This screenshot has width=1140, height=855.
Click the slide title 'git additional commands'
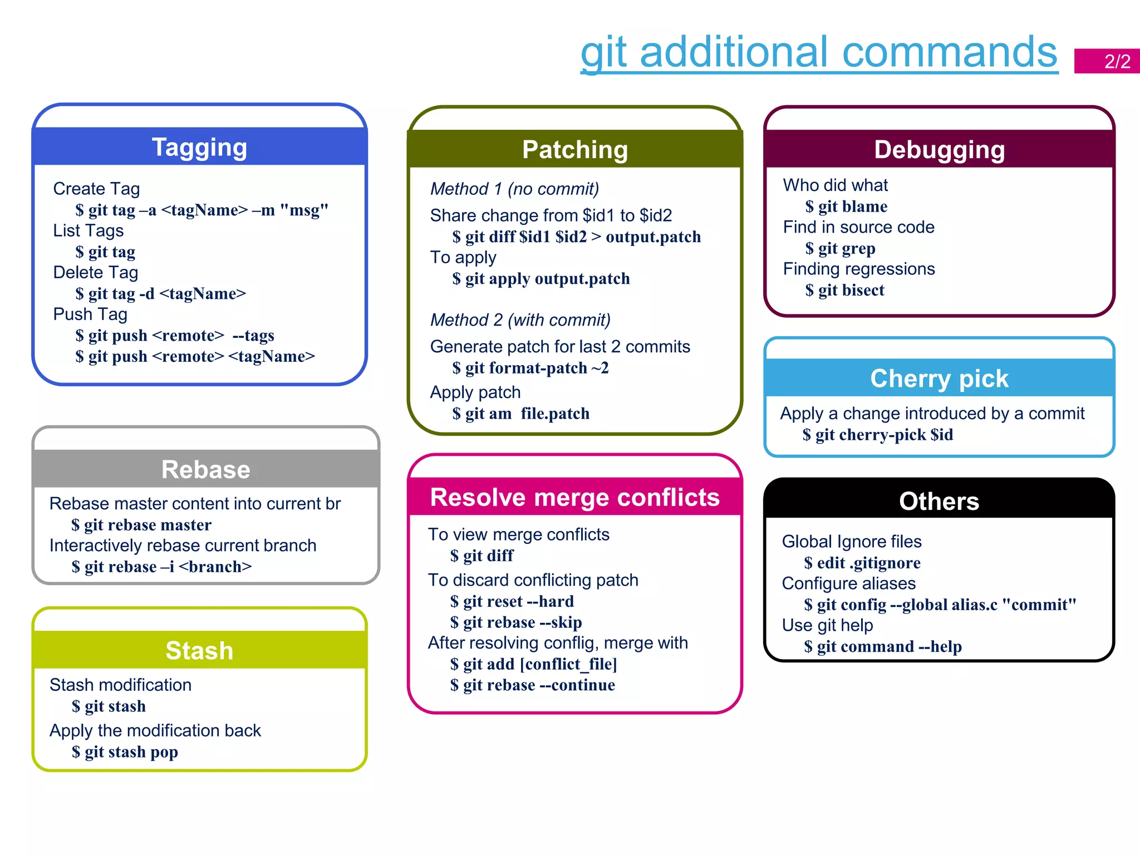point(818,52)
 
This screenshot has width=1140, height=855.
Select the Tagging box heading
point(199,148)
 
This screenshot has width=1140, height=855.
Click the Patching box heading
point(575,150)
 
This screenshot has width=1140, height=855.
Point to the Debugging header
point(939,150)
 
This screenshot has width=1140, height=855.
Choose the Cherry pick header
point(939,379)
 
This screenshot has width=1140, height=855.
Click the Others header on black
point(939,501)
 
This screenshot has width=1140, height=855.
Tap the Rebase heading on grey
point(205,469)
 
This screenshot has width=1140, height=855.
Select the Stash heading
point(199,650)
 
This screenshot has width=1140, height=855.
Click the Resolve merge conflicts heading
point(575,497)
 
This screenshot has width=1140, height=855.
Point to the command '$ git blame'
point(846,207)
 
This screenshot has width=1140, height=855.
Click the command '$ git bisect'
point(844,290)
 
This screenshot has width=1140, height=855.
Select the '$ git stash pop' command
point(125,752)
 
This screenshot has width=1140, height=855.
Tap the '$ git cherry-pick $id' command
point(877,435)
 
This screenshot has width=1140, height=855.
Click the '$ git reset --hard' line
point(512,601)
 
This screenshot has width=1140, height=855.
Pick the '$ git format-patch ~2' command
point(530,368)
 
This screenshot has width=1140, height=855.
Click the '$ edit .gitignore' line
point(862,563)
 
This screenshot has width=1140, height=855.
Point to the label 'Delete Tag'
point(95,272)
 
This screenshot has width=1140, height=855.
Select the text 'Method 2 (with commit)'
point(520,320)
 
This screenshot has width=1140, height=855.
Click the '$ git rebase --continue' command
point(532,685)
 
